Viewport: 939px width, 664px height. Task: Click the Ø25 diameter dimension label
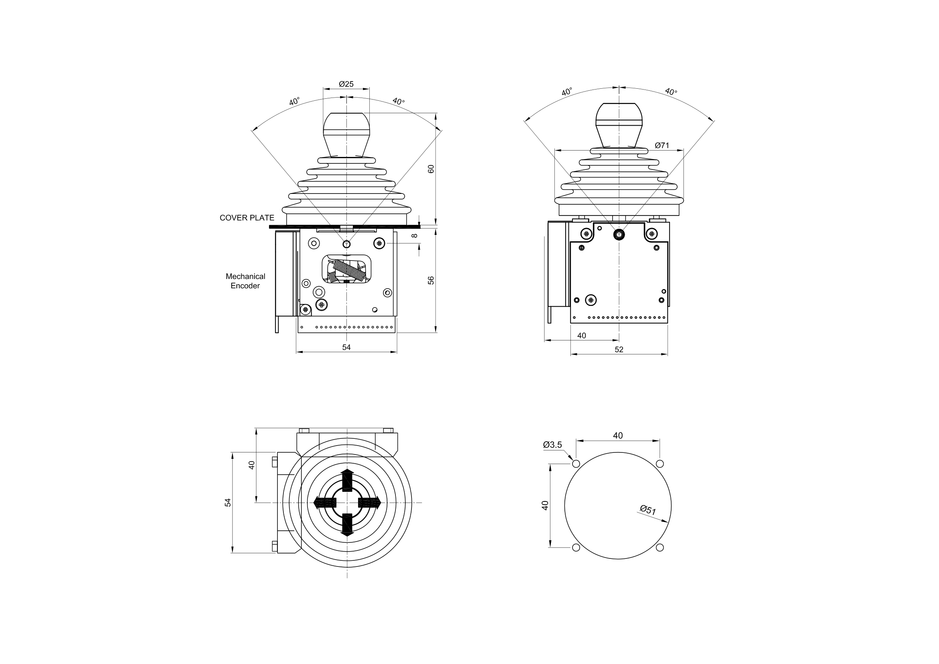pyautogui.click(x=346, y=84)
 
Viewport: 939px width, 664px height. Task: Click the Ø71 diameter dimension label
pyautogui.click(x=662, y=145)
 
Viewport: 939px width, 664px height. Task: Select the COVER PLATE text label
pyautogui.click(x=247, y=218)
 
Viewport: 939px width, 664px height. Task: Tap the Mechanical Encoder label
pyautogui.click(x=245, y=281)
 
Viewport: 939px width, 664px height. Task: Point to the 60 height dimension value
pyautogui.click(x=431, y=169)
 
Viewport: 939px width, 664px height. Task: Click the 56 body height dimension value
pyautogui.click(x=431, y=281)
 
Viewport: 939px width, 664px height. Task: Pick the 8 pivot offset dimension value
pyautogui.click(x=415, y=236)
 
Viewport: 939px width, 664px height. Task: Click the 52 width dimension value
pyautogui.click(x=619, y=350)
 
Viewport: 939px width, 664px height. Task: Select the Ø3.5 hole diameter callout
pyautogui.click(x=552, y=445)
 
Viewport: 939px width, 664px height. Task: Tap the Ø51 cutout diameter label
pyautogui.click(x=648, y=510)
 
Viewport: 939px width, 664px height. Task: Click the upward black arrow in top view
pyautogui.click(x=347, y=480)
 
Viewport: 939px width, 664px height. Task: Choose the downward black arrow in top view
pyautogui.click(x=347, y=525)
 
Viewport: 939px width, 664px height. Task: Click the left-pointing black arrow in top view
pyautogui.click(x=325, y=503)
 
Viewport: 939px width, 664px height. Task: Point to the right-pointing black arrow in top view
pyautogui.click(x=370, y=503)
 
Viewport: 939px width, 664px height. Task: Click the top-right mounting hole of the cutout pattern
pyautogui.click(x=660, y=464)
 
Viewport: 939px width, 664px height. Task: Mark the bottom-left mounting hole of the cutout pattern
pyautogui.click(x=576, y=548)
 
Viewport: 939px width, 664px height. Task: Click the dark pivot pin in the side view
pyautogui.click(x=619, y=234)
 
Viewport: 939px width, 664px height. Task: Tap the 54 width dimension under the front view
pyautogui.click(x=346, y=347)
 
